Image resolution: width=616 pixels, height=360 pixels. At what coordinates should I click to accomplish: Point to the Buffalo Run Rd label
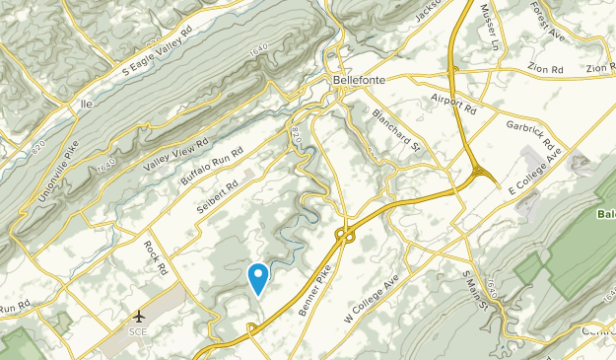point(211,164)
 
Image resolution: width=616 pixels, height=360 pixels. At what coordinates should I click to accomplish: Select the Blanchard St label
point(397,129)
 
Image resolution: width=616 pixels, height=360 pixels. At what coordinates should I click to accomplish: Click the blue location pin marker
point(257,277)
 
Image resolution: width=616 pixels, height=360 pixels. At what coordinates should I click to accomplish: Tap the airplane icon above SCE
point(139,317)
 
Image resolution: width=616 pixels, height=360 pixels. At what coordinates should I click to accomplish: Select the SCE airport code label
point(139,331)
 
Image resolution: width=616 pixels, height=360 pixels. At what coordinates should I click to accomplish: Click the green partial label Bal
point(605,213)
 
